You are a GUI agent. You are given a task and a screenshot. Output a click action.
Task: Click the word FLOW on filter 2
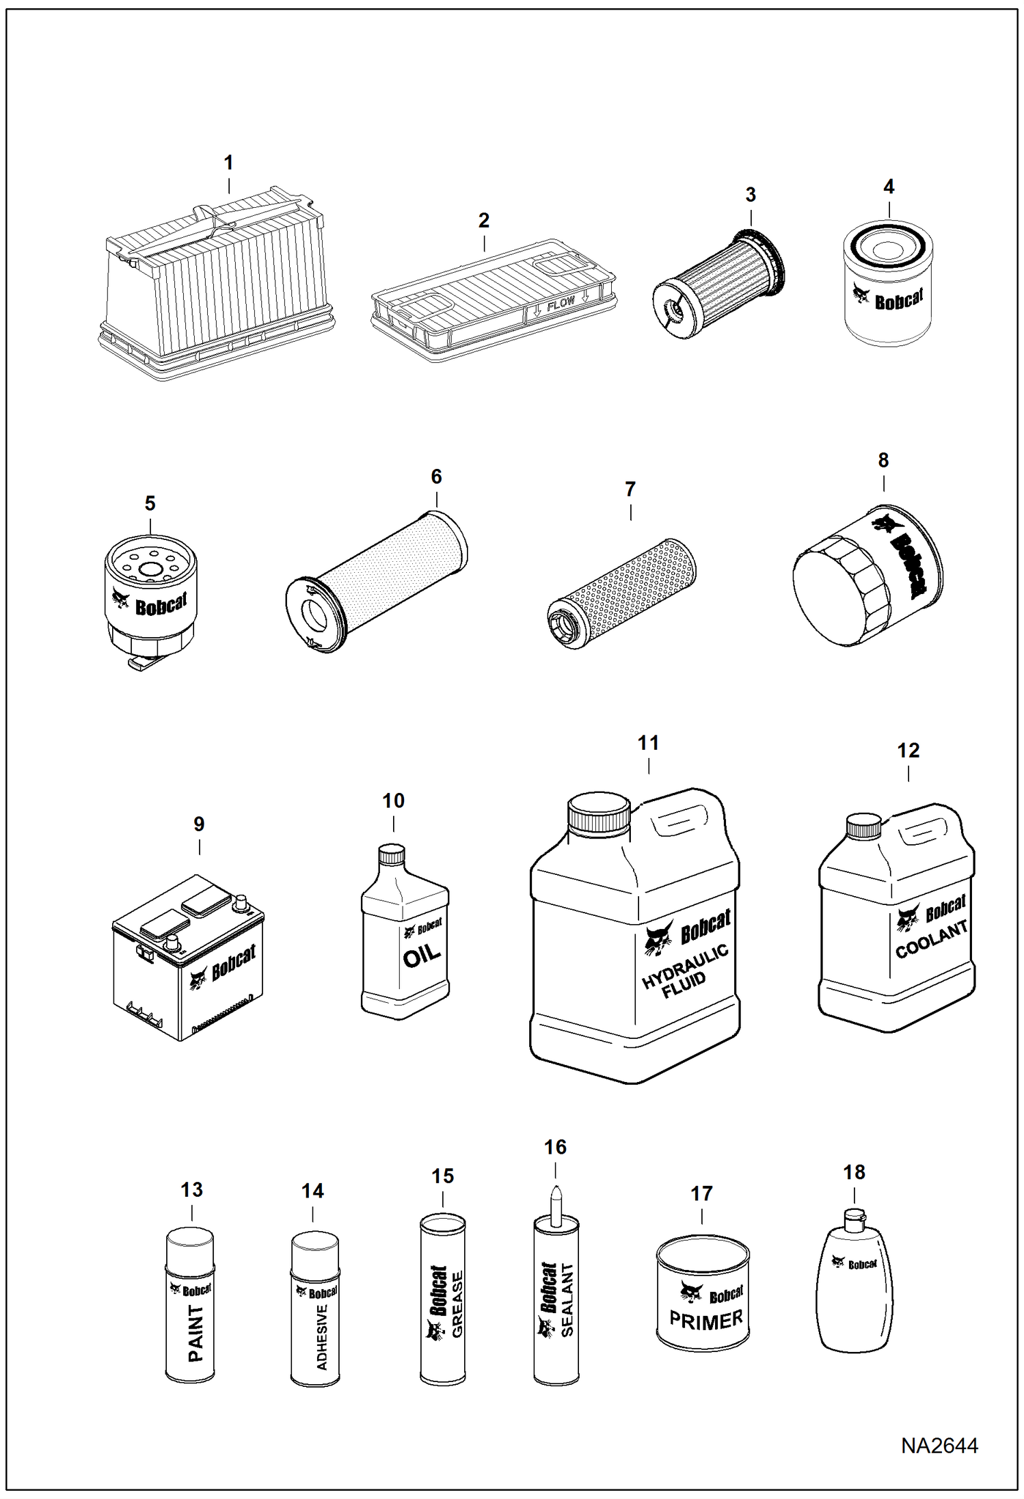tap(561, 303)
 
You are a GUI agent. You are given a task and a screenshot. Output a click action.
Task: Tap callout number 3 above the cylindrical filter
tap(751, 195)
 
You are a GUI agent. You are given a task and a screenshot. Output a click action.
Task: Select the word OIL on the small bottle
tap(422, 956)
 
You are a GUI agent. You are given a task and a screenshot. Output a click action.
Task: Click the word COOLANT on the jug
tap(932, 939)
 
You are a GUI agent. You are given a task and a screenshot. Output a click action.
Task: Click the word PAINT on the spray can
tap(196, 1333)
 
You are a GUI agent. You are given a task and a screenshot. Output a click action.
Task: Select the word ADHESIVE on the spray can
tap(322, 1336)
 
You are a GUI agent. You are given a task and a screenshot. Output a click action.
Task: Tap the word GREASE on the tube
tap(457, 1304)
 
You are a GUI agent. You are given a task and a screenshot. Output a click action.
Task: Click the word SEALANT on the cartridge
tap(567, 1299)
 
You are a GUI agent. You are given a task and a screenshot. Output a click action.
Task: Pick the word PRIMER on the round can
tap(705, 1319)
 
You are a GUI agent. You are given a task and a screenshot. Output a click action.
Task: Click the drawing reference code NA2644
tap(939, 1446)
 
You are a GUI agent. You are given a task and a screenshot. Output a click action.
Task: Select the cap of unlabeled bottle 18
tap(854, 1217)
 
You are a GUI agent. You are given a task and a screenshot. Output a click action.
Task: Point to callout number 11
tap(648, 743)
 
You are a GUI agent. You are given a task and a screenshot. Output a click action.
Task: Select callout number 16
tap(555, 1147)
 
